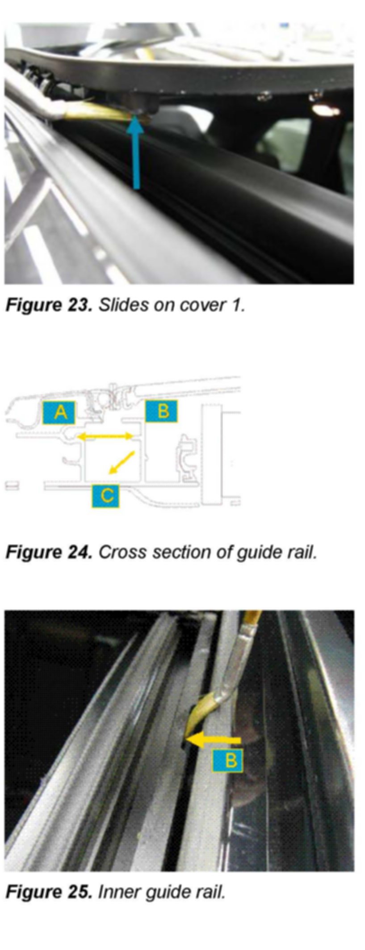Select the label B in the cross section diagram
[x=161, y=411]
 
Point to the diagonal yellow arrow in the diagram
[x=122, y=462]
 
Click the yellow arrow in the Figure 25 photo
[x=214, y=740]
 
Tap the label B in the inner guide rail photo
[x=227, y=760]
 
